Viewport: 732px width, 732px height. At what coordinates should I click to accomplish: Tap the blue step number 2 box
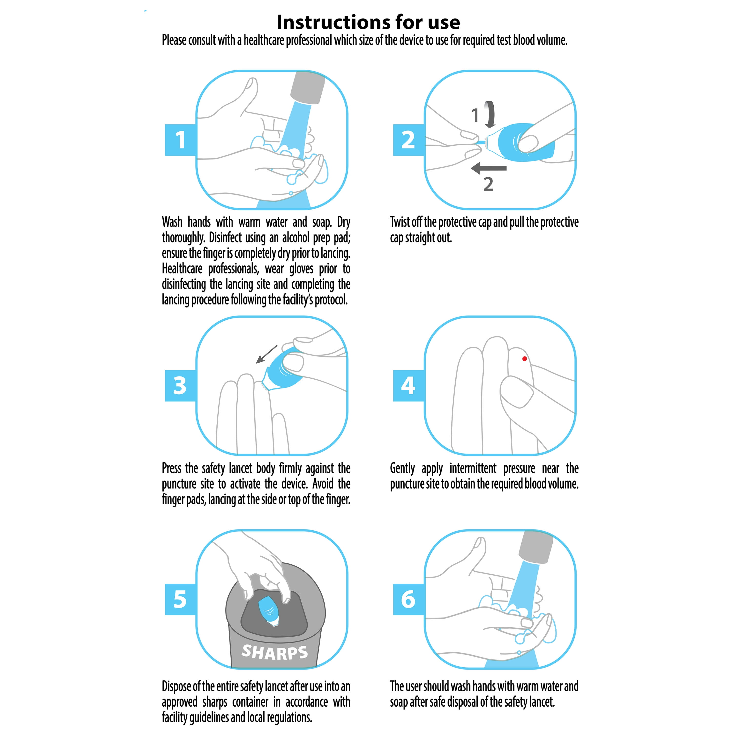(408, 140)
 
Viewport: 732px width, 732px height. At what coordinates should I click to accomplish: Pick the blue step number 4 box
(408, 386)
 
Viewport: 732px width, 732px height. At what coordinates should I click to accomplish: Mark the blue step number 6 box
(408, 600)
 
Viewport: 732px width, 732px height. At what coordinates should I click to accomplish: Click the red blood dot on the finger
(524, 359)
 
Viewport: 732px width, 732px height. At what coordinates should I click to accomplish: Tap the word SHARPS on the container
(275, 652)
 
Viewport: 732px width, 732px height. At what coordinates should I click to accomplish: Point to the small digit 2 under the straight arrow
(488, 184)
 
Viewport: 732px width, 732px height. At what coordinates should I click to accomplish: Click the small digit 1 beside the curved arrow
(475, 115)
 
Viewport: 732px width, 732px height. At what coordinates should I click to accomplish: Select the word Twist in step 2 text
(399, 222)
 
